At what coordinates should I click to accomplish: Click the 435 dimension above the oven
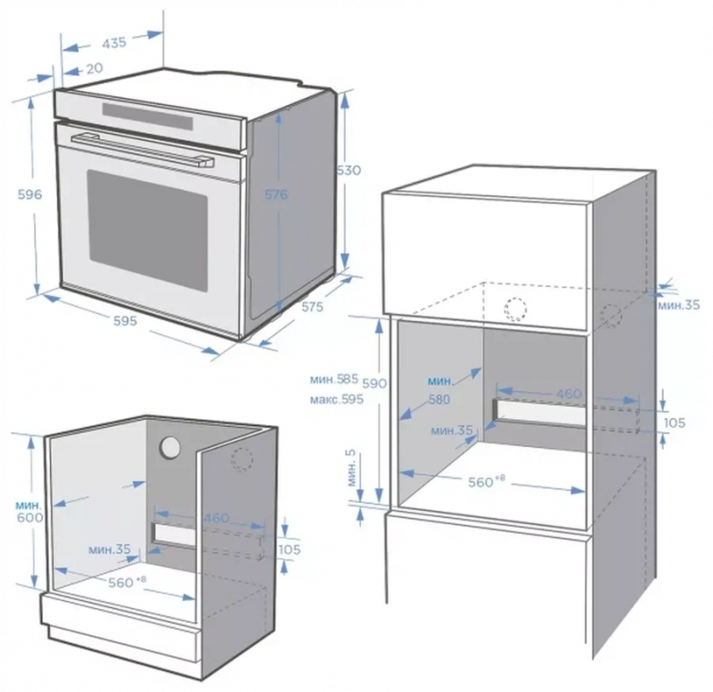pos(114,43)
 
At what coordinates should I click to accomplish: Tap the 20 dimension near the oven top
pos(94,69)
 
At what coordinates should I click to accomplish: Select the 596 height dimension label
pos(29,194)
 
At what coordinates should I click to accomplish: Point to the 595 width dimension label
pos(125,321)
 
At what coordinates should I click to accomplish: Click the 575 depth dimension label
pos(313,307)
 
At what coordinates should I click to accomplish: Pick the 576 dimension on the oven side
pos(276,194)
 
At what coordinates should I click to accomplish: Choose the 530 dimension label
pos(349,170)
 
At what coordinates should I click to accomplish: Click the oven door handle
pos(143,149)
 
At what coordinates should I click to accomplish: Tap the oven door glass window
pos(148,232)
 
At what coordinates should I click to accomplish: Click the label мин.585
pos(334,379)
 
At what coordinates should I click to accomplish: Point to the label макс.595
pos(337,400)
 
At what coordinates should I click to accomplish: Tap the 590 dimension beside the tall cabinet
pos(375,383)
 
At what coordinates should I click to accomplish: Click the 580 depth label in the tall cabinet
pos(439,400)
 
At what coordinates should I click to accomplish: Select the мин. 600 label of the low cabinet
pos(29,511)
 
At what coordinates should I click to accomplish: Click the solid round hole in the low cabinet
pos(170,448)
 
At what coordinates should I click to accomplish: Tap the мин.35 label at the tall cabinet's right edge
pos(679,305)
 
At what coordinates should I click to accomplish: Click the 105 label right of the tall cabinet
pos(675,423)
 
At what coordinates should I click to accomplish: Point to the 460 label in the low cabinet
pos(216,518)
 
